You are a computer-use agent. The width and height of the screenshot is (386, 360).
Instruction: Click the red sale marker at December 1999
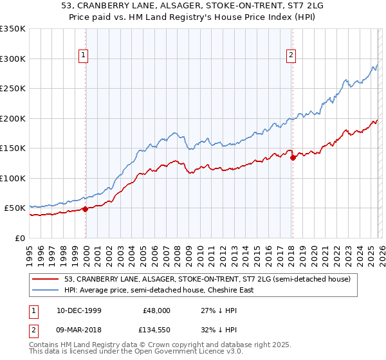pyautogui.click(x=86, y=209)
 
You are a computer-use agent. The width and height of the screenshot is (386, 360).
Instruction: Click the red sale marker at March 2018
pyautogui.click(x=293, y=157)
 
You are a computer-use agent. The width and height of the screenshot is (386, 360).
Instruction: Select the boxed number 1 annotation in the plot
pyautogui.click(x=84, y=56)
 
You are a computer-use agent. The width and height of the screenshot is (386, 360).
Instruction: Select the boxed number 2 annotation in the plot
pyautogui.click(x=291, y=56)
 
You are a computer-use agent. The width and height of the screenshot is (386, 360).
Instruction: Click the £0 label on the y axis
pyautogui.click(x=19, y=238)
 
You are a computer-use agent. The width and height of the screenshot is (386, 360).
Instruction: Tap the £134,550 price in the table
pyautogui.click(x=154, y=332)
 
